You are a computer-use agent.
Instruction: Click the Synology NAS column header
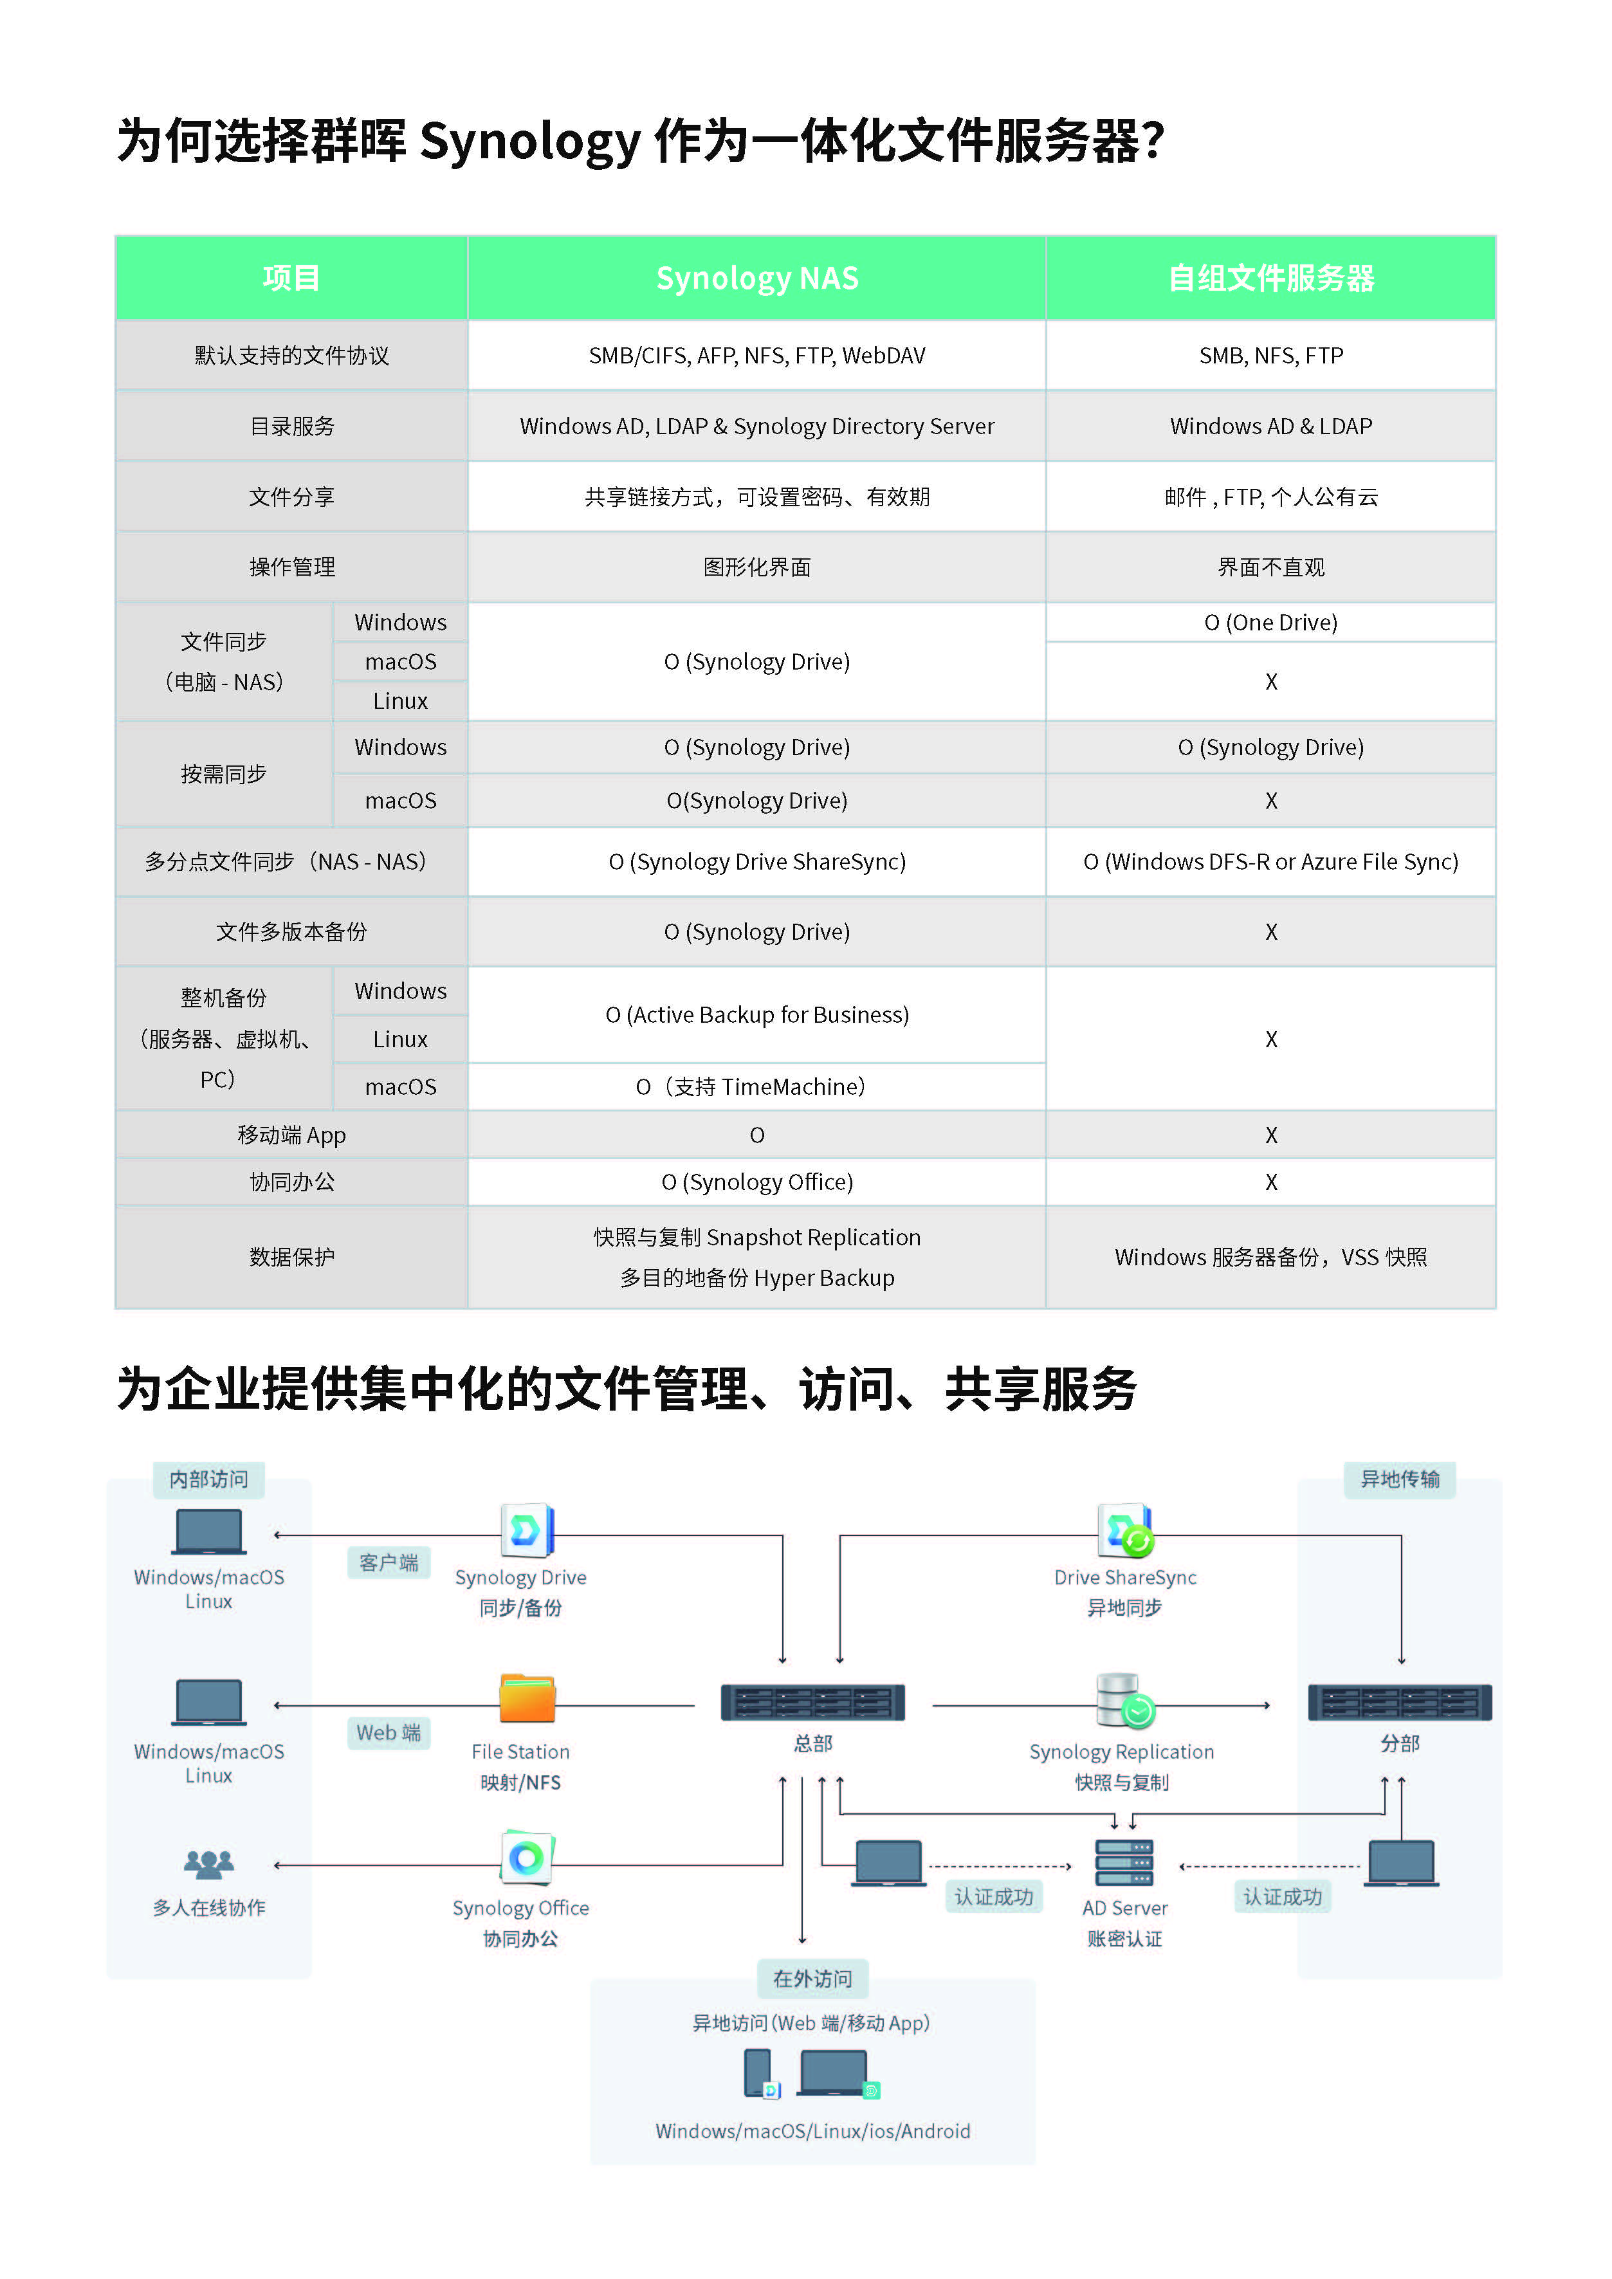pos(756,278)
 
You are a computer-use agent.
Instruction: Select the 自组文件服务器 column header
pos(1270,278)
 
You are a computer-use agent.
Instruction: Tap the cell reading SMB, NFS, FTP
pos(1270,355)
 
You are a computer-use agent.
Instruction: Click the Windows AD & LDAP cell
pos(1270,426)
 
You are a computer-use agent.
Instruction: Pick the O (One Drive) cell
pos(1270,623)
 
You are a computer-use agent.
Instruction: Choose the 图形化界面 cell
pos(756,567)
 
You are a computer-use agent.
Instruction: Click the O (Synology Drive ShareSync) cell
pos(756,861)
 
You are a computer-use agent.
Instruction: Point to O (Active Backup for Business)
pos(756,1014)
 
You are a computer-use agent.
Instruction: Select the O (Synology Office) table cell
pos(756,1182)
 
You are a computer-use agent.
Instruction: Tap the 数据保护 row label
pos(292,1257)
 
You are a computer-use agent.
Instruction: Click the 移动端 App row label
pos(292,1135)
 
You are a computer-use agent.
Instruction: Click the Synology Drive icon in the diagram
pos(527,1530)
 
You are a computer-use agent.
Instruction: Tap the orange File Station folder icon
pos(527,1699)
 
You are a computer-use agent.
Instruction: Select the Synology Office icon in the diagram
pos(527,1856)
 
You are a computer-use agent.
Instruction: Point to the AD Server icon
pos(1124,1862)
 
